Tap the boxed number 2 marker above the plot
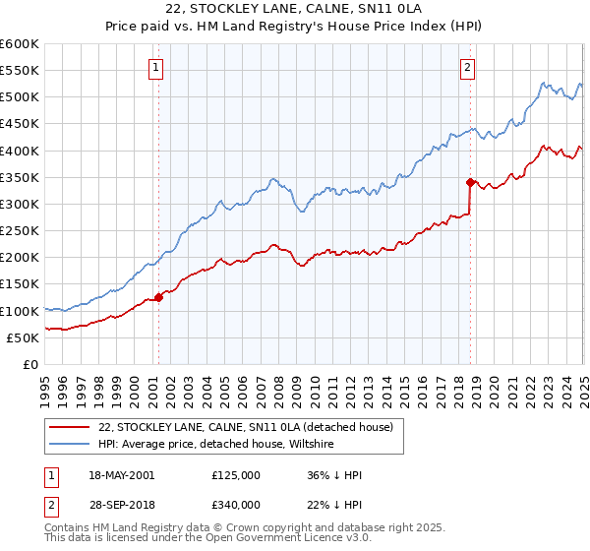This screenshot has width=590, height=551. (467, 68)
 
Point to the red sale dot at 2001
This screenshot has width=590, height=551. (158, 297)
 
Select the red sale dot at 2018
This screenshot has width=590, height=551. (470, 182)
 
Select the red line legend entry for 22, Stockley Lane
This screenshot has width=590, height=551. (245, 427)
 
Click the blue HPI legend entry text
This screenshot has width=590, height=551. (216, 445)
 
